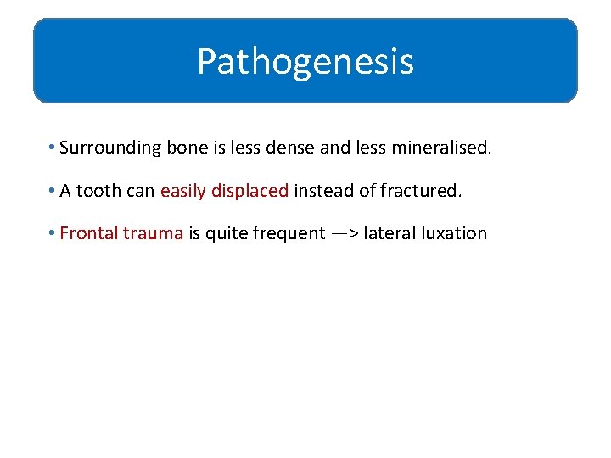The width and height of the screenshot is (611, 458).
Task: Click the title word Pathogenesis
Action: point(305,62)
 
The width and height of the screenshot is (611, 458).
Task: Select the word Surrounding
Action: point(110,148)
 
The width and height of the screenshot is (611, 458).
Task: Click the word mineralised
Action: point(440,148)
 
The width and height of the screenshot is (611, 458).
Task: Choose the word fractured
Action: point(419,191)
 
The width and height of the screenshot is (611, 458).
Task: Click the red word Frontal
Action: point(88,233)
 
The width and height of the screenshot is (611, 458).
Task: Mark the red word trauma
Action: point(153,233)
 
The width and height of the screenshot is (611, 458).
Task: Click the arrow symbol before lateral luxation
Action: point(345,233)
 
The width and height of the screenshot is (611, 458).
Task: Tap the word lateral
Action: point(387,233)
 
